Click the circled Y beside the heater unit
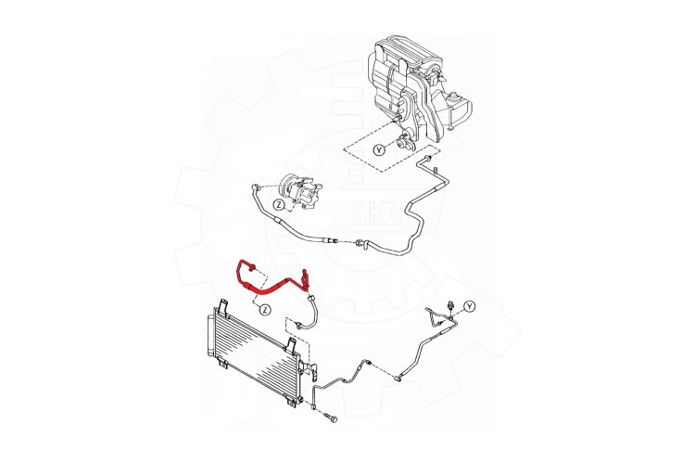379,151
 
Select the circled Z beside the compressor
278,205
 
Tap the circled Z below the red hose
265,309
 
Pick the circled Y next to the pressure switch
470,306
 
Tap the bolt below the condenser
332,418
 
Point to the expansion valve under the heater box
405,142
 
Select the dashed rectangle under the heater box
392,146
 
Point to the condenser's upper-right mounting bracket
291,345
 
